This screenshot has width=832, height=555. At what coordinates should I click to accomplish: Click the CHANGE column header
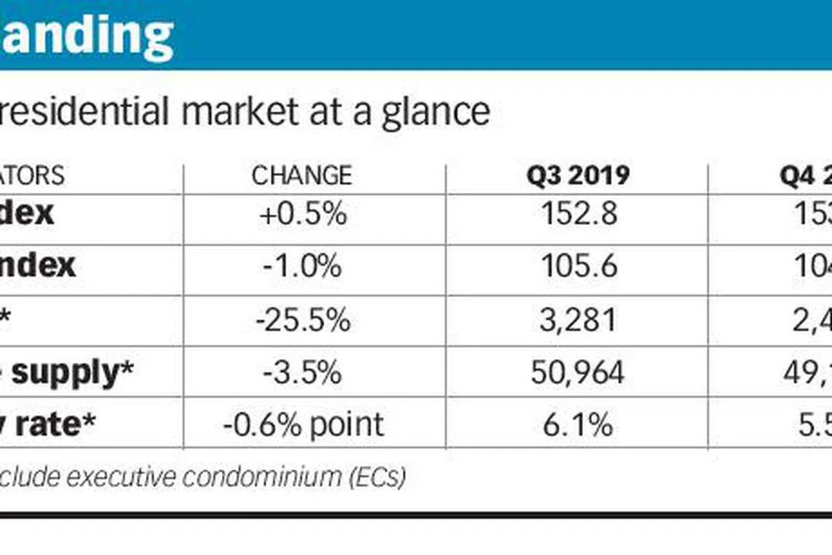(301, 175)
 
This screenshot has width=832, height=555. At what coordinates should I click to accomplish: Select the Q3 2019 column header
(578, 175)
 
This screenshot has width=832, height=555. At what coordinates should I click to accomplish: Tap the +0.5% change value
(302, 214)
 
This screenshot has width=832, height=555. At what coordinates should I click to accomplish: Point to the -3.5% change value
(302, 372)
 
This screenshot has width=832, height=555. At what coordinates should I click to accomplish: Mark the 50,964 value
(579, 372)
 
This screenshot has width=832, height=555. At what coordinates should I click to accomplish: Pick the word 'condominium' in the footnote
(261, 477)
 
